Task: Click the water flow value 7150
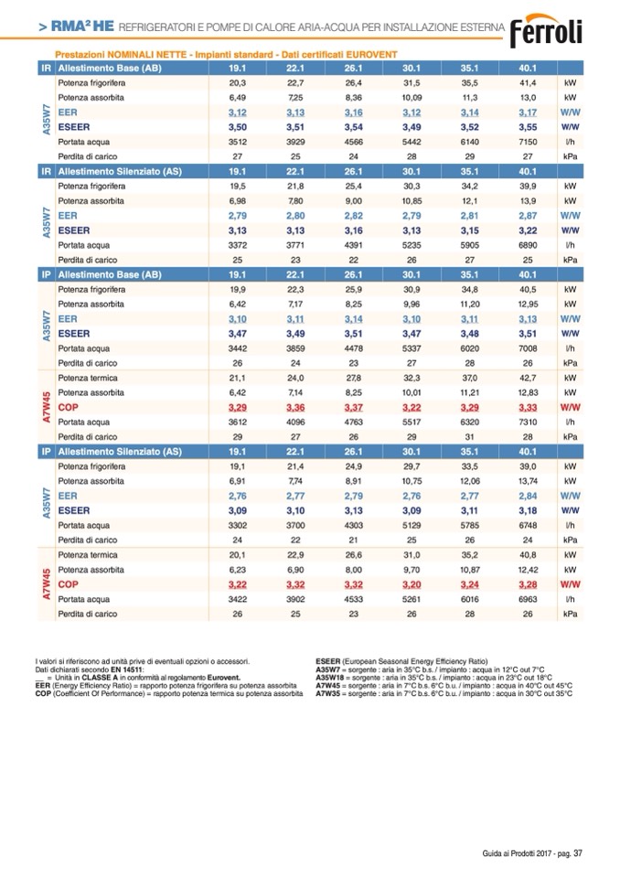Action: click(527, 142)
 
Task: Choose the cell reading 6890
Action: click(527, 245)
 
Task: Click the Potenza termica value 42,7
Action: click(527, 377)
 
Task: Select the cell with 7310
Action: click(527, 422)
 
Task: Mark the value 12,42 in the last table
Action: click(527, 569)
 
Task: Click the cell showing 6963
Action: click(527, 599)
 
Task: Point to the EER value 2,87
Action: click(527, 215)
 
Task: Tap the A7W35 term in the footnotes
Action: click(326, 694)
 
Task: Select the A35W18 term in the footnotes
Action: click(328, 679)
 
